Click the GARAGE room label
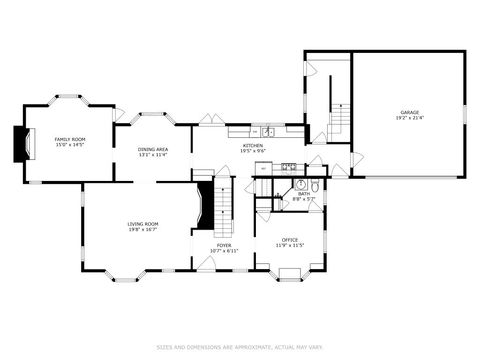tap(409, 113)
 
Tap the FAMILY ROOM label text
tap(69, 139)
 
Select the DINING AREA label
tap(152, 150)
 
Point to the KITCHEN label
tap(253, 146)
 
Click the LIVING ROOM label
tap(143, 223)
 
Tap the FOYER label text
tap(224, 245)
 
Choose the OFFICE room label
tap(290, 239)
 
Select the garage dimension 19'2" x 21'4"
tap(409, 119)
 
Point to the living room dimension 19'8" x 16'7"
tap(143, 229)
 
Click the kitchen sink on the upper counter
tap(268, 131)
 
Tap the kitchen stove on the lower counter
tap(287, 166)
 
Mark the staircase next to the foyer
tap(224, 205)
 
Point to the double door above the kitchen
tap(209, 120)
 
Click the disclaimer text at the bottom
tap(240, 347)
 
